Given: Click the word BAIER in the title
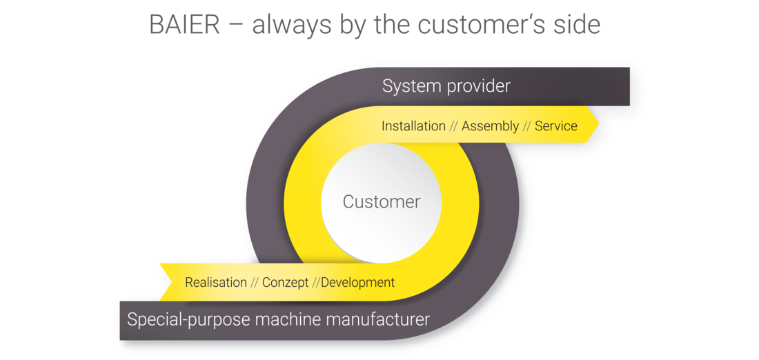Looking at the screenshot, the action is (184, 24).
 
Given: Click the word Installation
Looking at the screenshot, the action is (413, 126).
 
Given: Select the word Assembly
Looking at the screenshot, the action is (490, 127).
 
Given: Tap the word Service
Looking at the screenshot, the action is (555, 126).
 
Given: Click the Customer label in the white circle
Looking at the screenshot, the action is (382, 202).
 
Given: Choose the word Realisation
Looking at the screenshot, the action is (216, 282).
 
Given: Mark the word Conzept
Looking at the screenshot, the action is (285, 283).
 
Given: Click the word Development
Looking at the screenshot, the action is (357, 283).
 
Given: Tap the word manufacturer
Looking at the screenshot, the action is (376, 320).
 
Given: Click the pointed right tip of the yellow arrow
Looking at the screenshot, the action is (599, 124).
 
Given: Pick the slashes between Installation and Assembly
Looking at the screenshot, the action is (453, 127).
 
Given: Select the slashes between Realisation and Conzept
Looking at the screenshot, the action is (254, 283).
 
